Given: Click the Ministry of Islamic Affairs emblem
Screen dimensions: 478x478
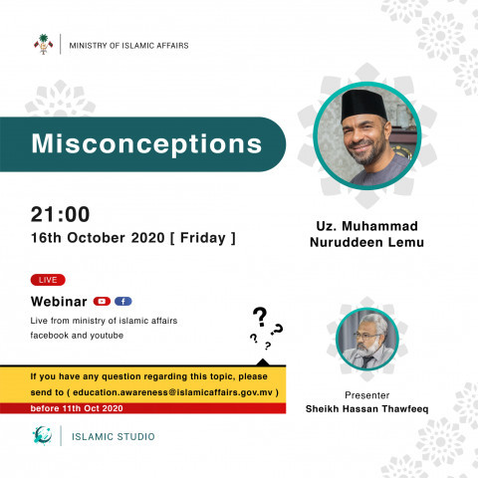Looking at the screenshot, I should (x=42, y=45).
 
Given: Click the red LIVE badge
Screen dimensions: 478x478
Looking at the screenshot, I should (x=48, y=280).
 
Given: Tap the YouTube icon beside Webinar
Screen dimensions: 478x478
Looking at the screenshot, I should (x=102, y=300).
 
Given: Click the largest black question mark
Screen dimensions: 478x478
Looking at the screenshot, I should (x=260, y=318).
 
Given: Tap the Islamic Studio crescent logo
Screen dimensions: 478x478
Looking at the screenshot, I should (x=42, y=435).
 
